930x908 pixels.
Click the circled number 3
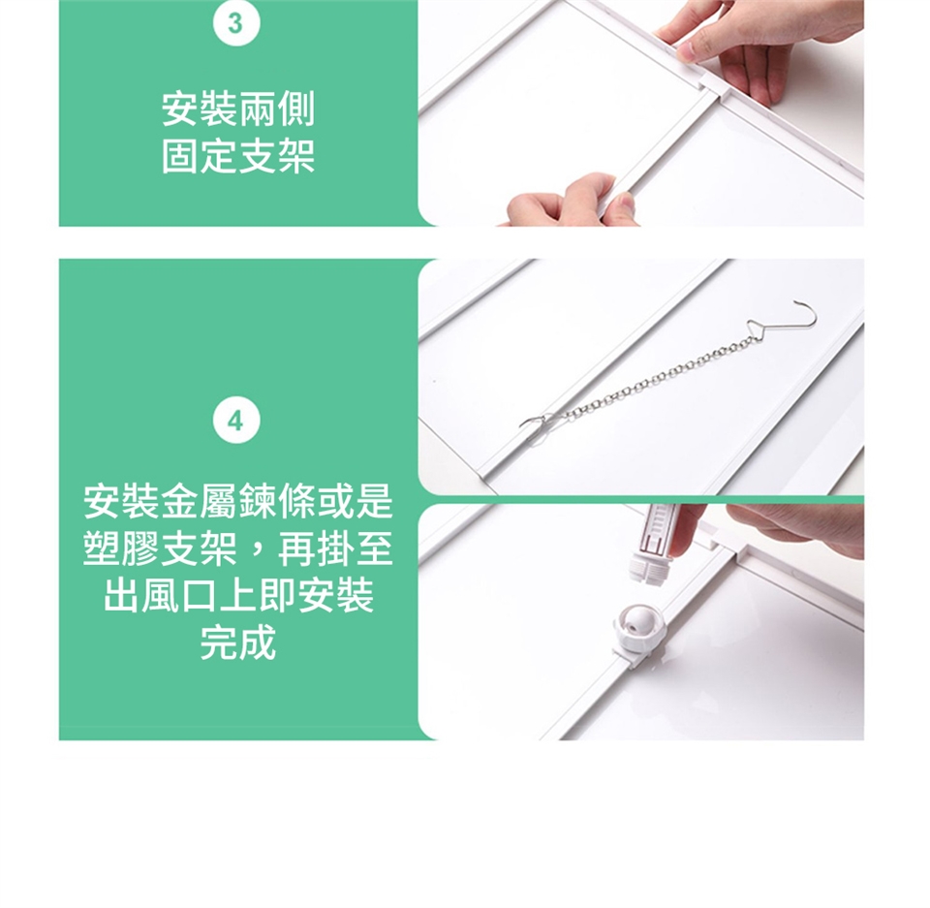coord(236,24)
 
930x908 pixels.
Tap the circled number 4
coord(236,422)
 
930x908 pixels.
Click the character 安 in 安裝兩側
coord(180,110)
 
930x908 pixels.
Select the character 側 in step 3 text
coord(296,110)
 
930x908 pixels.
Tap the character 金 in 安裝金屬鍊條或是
coord(180,501)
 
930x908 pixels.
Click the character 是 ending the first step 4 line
coord(374,501)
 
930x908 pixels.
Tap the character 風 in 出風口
coord(161,595)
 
